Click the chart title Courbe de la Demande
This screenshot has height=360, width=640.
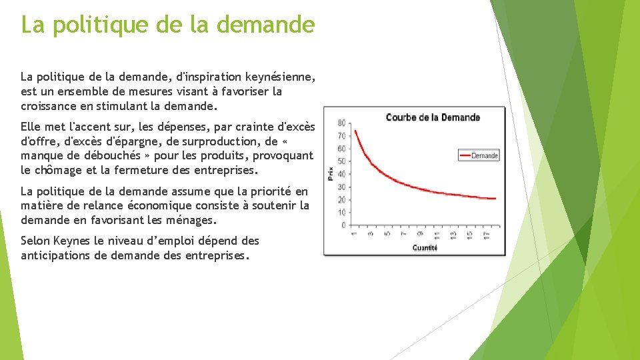(x=433, y=117)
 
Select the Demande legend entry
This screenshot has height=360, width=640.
(x=485, y=155)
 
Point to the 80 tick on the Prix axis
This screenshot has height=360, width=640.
(x=341, y=123)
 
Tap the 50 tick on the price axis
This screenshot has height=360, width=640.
(x=341, y=161)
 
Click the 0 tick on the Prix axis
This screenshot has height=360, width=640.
(x=343, y=225)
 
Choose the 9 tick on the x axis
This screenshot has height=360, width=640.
(x=420, y=235)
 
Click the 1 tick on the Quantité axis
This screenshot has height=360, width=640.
(x=355, y=235)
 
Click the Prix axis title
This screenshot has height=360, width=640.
(x=331, y=173)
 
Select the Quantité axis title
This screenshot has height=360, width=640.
(x=425, y=247)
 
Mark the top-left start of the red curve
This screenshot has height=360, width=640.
(x=355, y=131)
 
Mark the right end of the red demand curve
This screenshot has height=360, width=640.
(x=495, y=198)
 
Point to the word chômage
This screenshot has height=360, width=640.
(x=61, y=170)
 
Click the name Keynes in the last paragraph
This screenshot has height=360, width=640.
(x=76, y=241)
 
